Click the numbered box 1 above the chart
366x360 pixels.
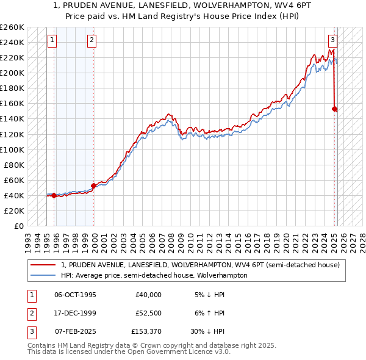coord(52,41)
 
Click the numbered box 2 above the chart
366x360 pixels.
coord(91,41)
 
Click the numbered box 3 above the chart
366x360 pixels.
coord(332,41)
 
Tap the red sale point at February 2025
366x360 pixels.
coord(335,109)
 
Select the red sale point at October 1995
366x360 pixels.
coord(54,195)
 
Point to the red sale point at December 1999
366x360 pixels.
coord(93,185)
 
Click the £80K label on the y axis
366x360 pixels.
coord(15,165)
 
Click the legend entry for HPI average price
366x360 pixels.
coord(154,275)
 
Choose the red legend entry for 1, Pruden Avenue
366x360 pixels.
coord(204,265)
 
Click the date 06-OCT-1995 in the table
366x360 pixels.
coord(75,295)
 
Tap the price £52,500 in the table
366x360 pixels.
coord(148,313)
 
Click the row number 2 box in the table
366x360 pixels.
coord(31,313)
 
